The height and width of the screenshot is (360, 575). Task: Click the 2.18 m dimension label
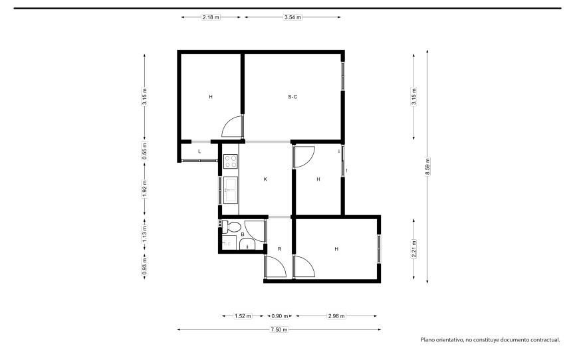pos(211,17)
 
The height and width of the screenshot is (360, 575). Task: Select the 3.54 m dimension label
pos(292,17)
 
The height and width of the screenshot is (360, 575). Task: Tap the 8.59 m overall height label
pos(427,167)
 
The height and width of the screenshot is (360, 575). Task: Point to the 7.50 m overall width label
pos(279,329)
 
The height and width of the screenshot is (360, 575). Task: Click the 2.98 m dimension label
pos(336,316)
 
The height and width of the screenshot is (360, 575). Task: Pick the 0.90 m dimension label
pos(280,316)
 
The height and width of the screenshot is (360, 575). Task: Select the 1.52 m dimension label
pos(243,316)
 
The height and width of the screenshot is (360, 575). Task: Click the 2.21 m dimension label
pos(414,249)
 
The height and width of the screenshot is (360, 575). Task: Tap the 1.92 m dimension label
pos(144,189)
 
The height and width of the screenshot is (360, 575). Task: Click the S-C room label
pos(292,97)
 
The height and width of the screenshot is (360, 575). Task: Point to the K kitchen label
pos(265,179)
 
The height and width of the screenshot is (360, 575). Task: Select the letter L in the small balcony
pos(199,151)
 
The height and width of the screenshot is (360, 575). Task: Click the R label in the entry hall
pos(279,249)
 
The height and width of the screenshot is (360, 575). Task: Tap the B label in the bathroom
pos(243,234)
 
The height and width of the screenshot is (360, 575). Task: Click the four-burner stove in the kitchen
pos(231,161)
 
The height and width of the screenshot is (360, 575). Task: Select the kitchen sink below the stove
pos(231,189)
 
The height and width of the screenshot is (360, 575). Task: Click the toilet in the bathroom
pos(231,227)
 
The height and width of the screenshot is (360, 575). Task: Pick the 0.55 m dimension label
pos(144,151)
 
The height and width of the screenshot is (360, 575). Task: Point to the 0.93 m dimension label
pos(144,266)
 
